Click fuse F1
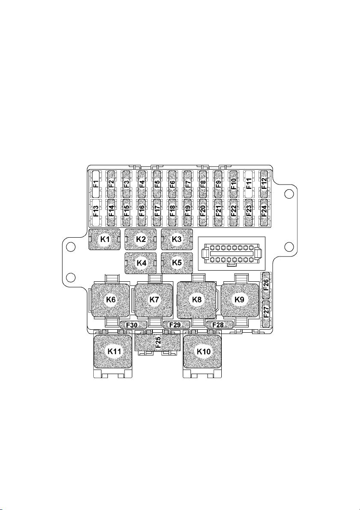coord(95,185)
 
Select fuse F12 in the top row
coord(264,185)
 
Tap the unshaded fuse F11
coord(249,185)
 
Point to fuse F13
coord(95,212)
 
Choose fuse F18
coord(172,212)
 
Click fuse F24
coord(264,212)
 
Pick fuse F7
coord(187,185)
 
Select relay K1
coord(105,239)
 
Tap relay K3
coord(177,239)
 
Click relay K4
coord(141,263)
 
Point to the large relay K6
coord(111,300)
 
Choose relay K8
coord(196,300)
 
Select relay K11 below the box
coord(113,352)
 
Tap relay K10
coord(203,352)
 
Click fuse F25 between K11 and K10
coord(158,343)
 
